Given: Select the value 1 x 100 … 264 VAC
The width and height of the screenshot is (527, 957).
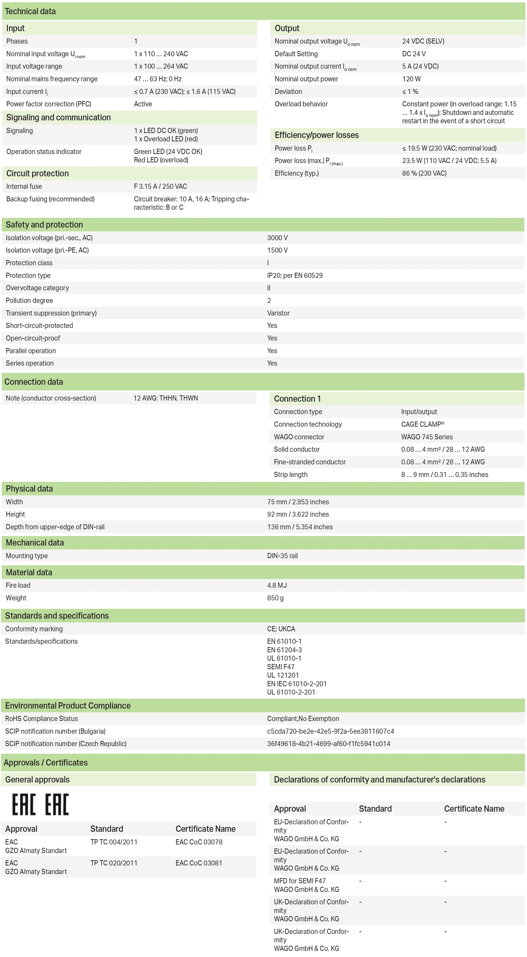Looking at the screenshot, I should click(x=161, y=66).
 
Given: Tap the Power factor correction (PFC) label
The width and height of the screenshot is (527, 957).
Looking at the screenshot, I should click(x=48, y=104).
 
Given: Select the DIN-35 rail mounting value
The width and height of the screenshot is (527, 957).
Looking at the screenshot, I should click(x=282, y=556).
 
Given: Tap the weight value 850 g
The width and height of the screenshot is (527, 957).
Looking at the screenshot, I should click(x=275, y=598).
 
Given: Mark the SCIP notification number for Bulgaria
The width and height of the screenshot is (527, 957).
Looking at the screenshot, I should click(x=330, y=731).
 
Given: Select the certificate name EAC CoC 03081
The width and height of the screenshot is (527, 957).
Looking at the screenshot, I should click(x=199, y=863).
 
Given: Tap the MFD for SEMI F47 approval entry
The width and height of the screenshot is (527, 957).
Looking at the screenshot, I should click(x=300, y=881).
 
